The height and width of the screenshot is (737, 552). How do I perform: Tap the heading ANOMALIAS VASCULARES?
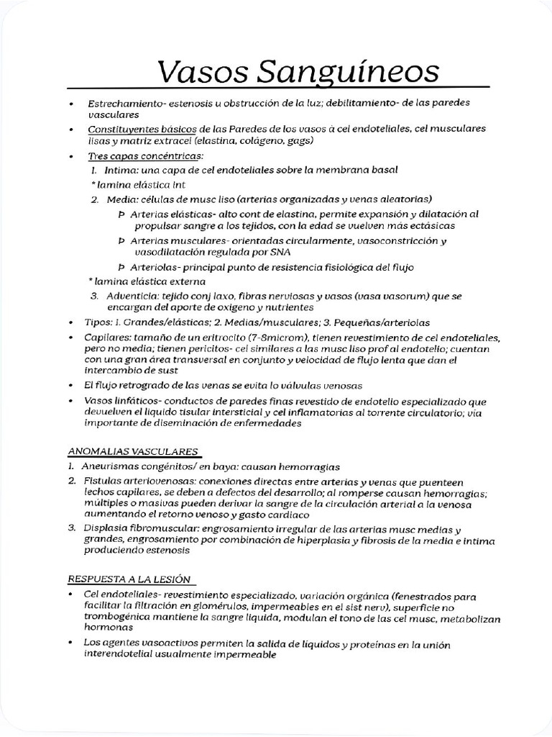133,452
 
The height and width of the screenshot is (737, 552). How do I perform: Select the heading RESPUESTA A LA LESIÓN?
130,579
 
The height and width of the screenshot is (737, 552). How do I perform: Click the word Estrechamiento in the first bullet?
126,104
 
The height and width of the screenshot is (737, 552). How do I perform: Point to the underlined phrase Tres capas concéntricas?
146,155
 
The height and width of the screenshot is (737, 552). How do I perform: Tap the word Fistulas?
105,481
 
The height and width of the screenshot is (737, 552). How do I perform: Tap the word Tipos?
101,322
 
